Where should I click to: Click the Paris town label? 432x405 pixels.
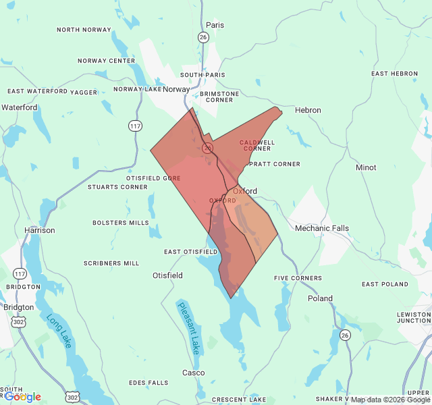coord(215,25)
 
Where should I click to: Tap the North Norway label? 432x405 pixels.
coord(83,30)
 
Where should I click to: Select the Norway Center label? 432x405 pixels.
coord(107,61)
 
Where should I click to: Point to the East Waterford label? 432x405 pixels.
coord(37,91)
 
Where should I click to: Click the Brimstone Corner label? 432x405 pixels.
coord(210,97)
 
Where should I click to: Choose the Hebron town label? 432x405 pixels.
coord(308,110)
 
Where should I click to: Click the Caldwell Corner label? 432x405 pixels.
coord(257,145)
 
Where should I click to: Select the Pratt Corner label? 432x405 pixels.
coord(274,164)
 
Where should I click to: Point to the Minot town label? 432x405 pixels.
coord(366,167)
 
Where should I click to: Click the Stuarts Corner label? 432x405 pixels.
coord(117,187)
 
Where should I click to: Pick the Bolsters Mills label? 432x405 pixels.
coord(120,223)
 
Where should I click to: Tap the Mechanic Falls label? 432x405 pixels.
coord(322,228)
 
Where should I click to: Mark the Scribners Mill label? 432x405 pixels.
coord(111,263)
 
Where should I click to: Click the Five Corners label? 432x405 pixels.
coord(298,278)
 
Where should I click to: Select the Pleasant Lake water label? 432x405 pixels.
coord(189,328)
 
